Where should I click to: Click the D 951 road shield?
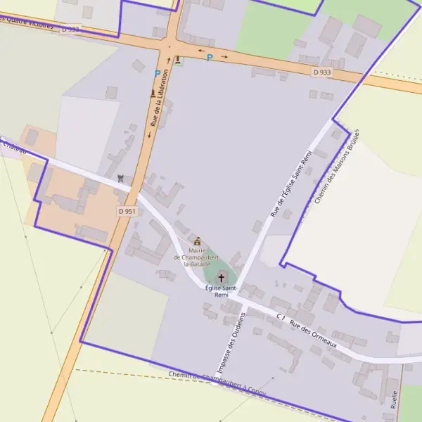click(x=127, y=211)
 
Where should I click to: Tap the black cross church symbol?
click(x=222, y=278)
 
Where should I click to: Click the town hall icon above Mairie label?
click(x=197, y=241)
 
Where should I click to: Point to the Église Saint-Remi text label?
click(x=222, y=291)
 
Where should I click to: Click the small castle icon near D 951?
click(x=121, y=179)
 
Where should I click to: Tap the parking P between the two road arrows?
click(x=209, y=58)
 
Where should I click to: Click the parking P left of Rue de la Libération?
click(x=157, y=73)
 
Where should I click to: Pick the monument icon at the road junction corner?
click(x=178, y=60)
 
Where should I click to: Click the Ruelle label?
click(x=394, y=399)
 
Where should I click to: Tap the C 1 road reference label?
click(x=280, y=317)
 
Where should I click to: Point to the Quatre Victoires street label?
click(x=28, y=23)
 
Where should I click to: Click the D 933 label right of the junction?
click(x=322, y=72)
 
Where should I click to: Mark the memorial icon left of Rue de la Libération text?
click(x=153, y=93)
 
